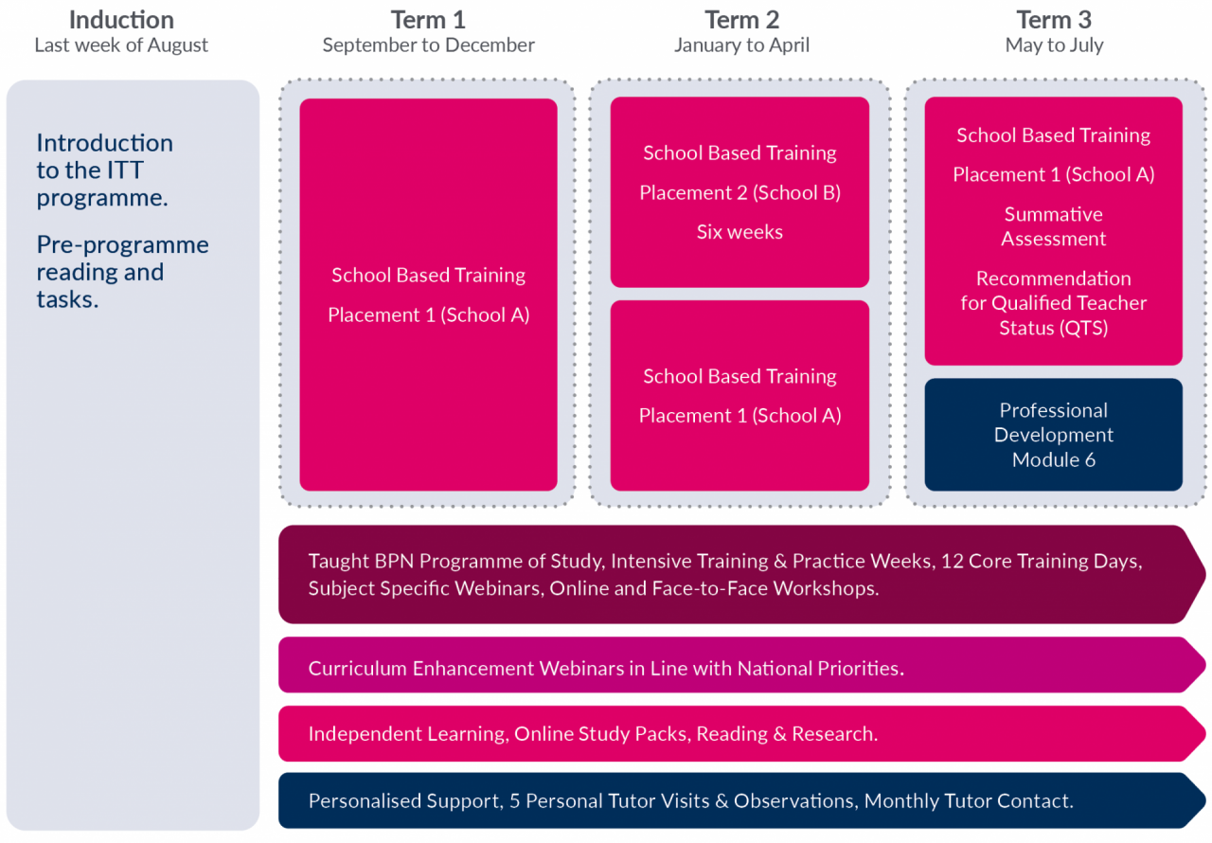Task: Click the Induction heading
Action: click(121, 20)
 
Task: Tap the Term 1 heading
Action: click(428, 20)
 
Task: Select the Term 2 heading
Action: click(741, 20)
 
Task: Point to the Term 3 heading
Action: click(1054, 20)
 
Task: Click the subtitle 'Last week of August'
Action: click(121, 45)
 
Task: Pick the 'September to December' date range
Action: click(428, 45)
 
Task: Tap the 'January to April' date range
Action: click(741, 45)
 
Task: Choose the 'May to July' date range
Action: click(1054, 45)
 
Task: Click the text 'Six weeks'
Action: click(740, 232)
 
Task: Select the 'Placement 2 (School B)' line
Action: click(740, 192)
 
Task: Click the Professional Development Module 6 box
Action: click(1054, 435)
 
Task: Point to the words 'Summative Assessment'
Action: click(1054, 226)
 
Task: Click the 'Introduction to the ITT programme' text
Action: click(105, 170)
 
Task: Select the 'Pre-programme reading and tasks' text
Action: click(123, 272)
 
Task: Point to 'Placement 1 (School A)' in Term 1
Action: click(429, 314)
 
